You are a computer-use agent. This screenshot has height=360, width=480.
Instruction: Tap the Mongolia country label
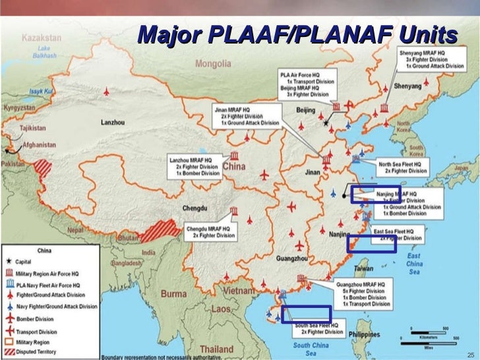213,64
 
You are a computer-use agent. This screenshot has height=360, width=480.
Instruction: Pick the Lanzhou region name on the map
113,122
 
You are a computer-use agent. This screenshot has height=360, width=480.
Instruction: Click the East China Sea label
413,263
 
